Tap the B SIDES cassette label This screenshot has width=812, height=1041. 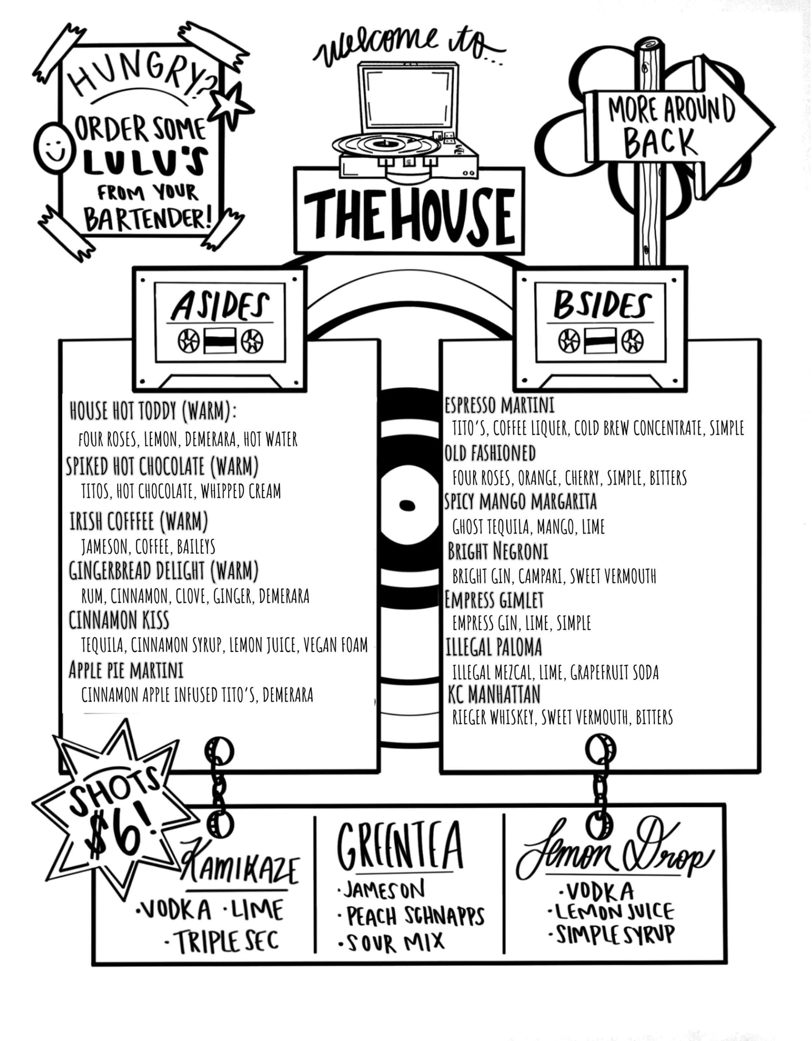pos(602,305)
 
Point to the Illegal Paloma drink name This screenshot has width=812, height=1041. pos(494,647)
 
